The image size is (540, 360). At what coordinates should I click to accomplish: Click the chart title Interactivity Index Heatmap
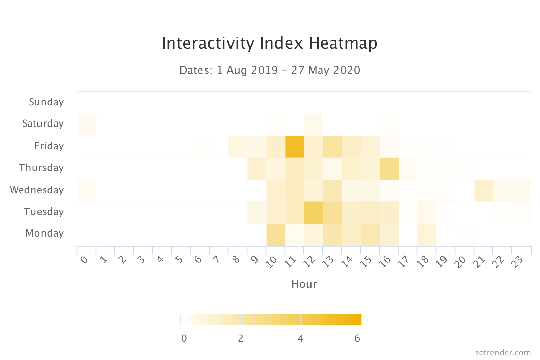pyautogui.click(x=269, y=43)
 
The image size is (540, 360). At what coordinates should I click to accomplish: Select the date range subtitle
pyautogui.click(x=270, y=70)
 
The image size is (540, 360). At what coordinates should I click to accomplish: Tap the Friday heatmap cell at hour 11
pyautogui.click(x=295, y=147)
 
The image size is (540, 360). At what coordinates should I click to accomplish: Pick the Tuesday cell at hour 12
pyautogui.click(x=314, y=213)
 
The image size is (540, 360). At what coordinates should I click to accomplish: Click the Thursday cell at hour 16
pyautogui.click(x=389, y=169)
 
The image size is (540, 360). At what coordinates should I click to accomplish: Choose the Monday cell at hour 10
pyautogui.click(x=276, y=235)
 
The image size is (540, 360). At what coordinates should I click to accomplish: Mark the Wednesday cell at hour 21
pyautogui.click(x=484, y=191)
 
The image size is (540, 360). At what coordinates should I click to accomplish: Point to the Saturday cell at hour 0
pyautogui.click(x=87, y=125)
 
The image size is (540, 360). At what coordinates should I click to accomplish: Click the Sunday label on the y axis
pyautogui.click(x=46, y=102)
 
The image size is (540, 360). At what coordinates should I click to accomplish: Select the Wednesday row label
pyautogui.click(x=37, y=190)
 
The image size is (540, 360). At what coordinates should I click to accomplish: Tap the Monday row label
pyautogui.click(x=45, y=233)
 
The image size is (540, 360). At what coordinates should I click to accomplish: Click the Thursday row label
pyautogui.click(x=41, y=168)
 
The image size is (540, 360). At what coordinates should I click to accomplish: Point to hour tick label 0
pyautogui.click(x=84, y=260)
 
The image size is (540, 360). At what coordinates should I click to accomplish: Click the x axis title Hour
pyautogui.click(x=304, y=284)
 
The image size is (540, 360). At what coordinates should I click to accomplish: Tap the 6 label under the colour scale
pyautogui.click(x=357, y=338)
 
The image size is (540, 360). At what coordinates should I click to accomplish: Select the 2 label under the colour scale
pyautogui.click(x=240, y=338)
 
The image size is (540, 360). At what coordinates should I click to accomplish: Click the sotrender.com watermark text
pyautogui.click(x=503, y=353)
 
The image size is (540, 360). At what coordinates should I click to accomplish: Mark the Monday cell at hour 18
pyautogui.click(x=427, y=235)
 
